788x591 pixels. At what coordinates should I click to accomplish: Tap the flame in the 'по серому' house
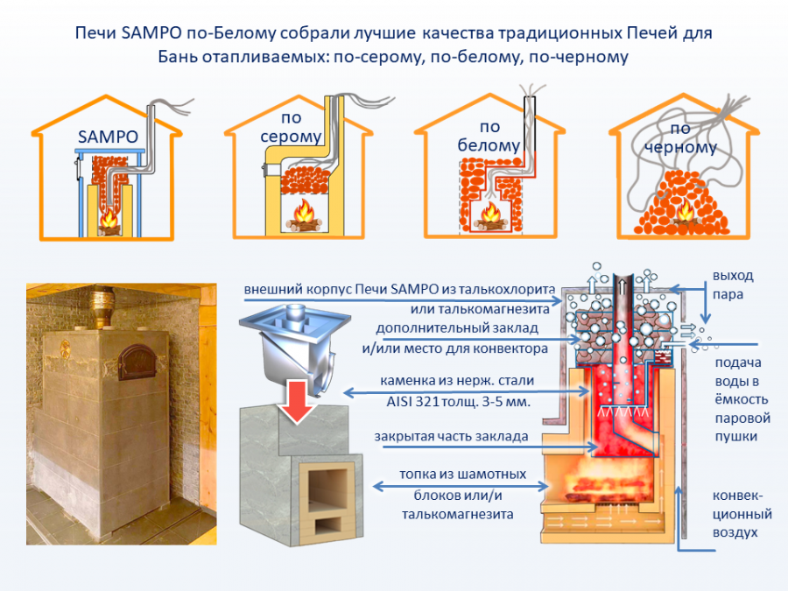click(x=305, y=213)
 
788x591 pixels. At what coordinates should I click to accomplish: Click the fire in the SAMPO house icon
click(x=109, y=219)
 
